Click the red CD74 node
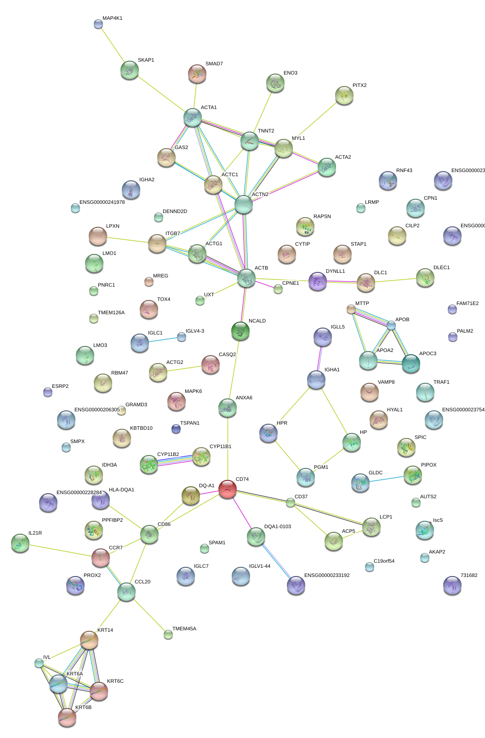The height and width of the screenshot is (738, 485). tap(227, 489)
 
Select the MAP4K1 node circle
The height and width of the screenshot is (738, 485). tap(98, 24)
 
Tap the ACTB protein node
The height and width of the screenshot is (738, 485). tap(246, 278)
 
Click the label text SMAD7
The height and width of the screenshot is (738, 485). tap(214, 64)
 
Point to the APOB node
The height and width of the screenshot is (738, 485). tap(391, 325)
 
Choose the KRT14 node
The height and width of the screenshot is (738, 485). tap(89, 640)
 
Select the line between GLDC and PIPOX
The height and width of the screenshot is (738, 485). tap(386, 479)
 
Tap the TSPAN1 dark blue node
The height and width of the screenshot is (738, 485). tap(176, 429)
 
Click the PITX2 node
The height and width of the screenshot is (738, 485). tap(344, 95)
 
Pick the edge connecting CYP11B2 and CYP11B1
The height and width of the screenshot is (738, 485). tap(175, 461)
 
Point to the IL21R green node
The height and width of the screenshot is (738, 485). tap(20, 543)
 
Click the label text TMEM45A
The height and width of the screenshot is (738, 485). tap(184, 629)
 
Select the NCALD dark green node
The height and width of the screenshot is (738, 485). tap(240, 330)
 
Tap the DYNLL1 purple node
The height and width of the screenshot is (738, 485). tap(317, 281)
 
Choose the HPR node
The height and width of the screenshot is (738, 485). tap(268, 432)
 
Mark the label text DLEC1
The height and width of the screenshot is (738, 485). tap(441, 268)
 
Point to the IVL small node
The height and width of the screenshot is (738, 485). tap(39, 663)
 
